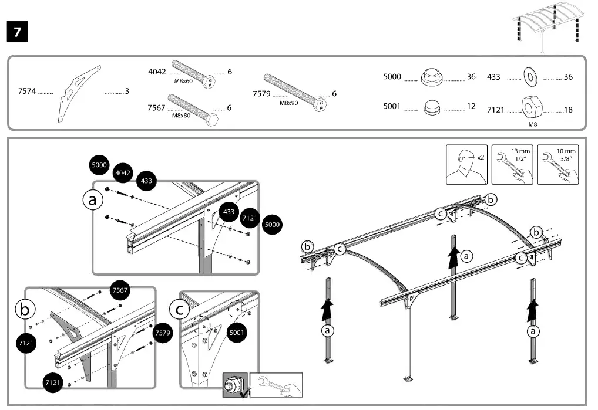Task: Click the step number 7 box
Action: pos(17,32)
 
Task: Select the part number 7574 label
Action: pos(26,92)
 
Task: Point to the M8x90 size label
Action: pos(288,103)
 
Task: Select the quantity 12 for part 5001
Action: pos(471,106)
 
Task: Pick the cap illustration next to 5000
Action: pos(431,76)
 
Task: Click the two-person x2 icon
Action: pos(466,164)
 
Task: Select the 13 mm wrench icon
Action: pos(511,164)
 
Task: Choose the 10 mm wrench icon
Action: pos(557,164)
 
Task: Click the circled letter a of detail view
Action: pos(92,201)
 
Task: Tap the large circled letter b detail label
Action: pos(24,309)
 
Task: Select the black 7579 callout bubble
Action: pos(162,333)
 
